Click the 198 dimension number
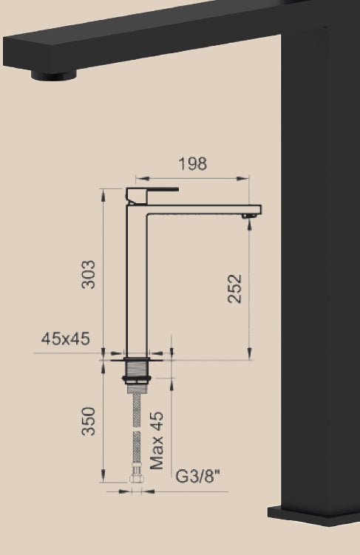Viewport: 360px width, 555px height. pos(192,164)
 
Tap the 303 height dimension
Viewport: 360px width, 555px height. pos(88,275)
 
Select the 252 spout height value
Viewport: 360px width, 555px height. pos(234,289)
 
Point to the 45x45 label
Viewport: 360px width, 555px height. pos(66,339)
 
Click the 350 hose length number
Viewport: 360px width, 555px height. pos(88,421)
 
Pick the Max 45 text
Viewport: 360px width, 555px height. pos(157,440)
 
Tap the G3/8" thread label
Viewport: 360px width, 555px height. pos(197,477)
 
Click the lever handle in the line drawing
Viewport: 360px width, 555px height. pos(152,194)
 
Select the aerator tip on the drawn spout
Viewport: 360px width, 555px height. pos(249,216)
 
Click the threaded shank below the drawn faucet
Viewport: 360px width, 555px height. pos(137,369)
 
